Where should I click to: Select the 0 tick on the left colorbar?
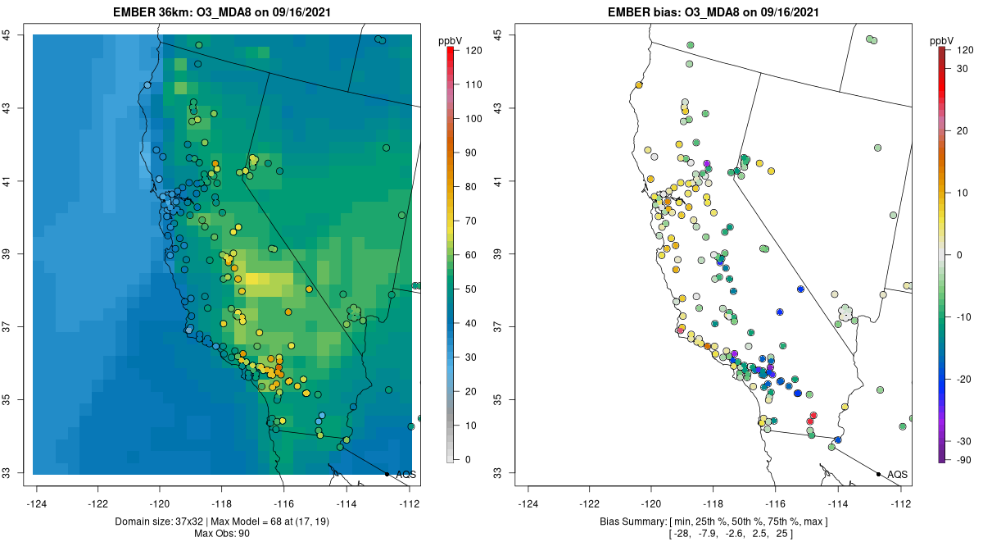pos(468,459)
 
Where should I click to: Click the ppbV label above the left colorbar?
pos(451,40)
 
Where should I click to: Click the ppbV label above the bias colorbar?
pos(942,40)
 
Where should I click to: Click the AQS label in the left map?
pos(405,475)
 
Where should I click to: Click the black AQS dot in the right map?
pos(877,474)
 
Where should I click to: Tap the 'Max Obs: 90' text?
pos(221,534)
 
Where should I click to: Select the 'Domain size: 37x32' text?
pos(156,522)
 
